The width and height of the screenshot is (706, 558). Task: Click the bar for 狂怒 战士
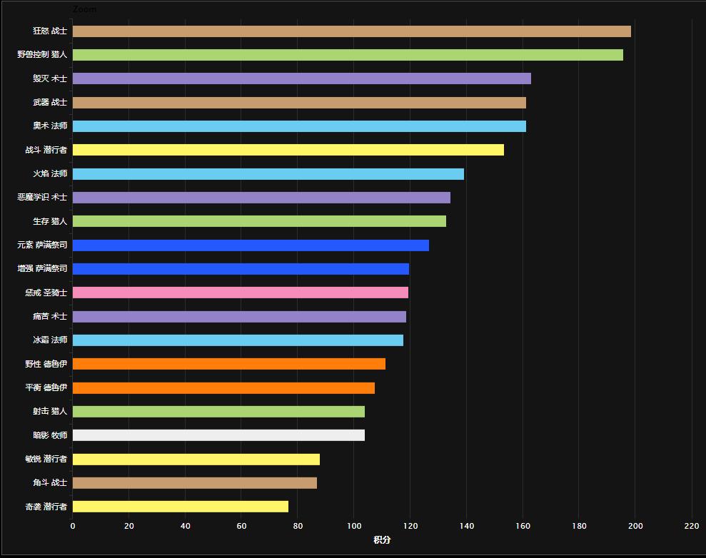click(351, 31)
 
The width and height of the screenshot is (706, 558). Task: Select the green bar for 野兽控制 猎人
click(348, 55)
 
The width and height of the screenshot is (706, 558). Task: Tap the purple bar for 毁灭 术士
click(301, 78)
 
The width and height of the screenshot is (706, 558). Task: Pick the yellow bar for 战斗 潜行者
click(288, 150)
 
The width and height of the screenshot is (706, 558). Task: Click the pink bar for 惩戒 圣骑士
click(240, 293)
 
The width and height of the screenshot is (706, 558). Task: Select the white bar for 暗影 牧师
click(218, 435)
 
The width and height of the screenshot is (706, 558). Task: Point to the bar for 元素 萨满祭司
click(251, 245)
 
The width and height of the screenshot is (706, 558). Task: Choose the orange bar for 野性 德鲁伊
click(228, 364)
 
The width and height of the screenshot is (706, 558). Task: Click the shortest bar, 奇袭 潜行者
click(180, 507)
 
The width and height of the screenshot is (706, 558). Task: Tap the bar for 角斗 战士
click(194, 483)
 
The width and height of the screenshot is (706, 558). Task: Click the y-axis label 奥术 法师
click(50, 126)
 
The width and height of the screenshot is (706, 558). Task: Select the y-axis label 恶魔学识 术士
click(42, 198)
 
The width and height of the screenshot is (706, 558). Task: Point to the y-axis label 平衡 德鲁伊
click(46, 388)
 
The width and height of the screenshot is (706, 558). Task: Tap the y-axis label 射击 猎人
click(50, 412)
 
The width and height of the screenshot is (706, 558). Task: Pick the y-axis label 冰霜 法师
click(50, 340)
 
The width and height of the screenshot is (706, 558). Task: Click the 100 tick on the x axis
click(354, 527)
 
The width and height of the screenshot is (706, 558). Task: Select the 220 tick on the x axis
click(692, 527)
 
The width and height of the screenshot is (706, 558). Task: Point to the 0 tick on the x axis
click(72, 527)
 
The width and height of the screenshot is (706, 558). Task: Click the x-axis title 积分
click(382, 540)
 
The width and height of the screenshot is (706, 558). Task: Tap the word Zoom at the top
click(84, 9)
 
